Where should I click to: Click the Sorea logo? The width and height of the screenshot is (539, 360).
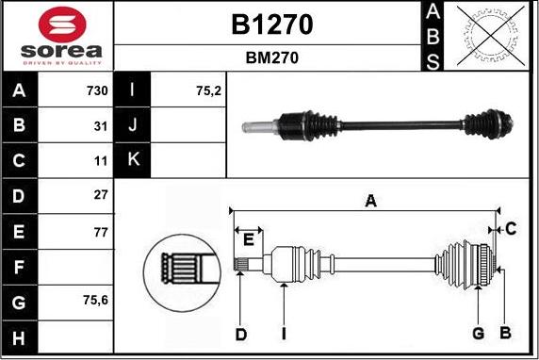click(x=57, y=36)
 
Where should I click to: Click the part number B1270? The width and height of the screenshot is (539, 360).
click(x=272, y=24)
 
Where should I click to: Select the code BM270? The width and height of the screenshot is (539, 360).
click(x=272, y=57)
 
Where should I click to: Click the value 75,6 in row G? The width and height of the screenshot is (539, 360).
click(x=94, y=300)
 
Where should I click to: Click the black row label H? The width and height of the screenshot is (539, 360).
click(x=20, y=335)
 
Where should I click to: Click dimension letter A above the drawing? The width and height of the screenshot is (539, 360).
click(x=370, y=201)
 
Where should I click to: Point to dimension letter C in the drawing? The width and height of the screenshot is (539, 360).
click(x=510, y=228)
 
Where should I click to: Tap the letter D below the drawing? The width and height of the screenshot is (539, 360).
click(x=240, y=334)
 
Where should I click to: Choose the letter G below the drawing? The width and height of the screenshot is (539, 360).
click(x=478, y=334)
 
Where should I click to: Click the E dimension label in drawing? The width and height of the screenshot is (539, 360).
click(x=247, y=240)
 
